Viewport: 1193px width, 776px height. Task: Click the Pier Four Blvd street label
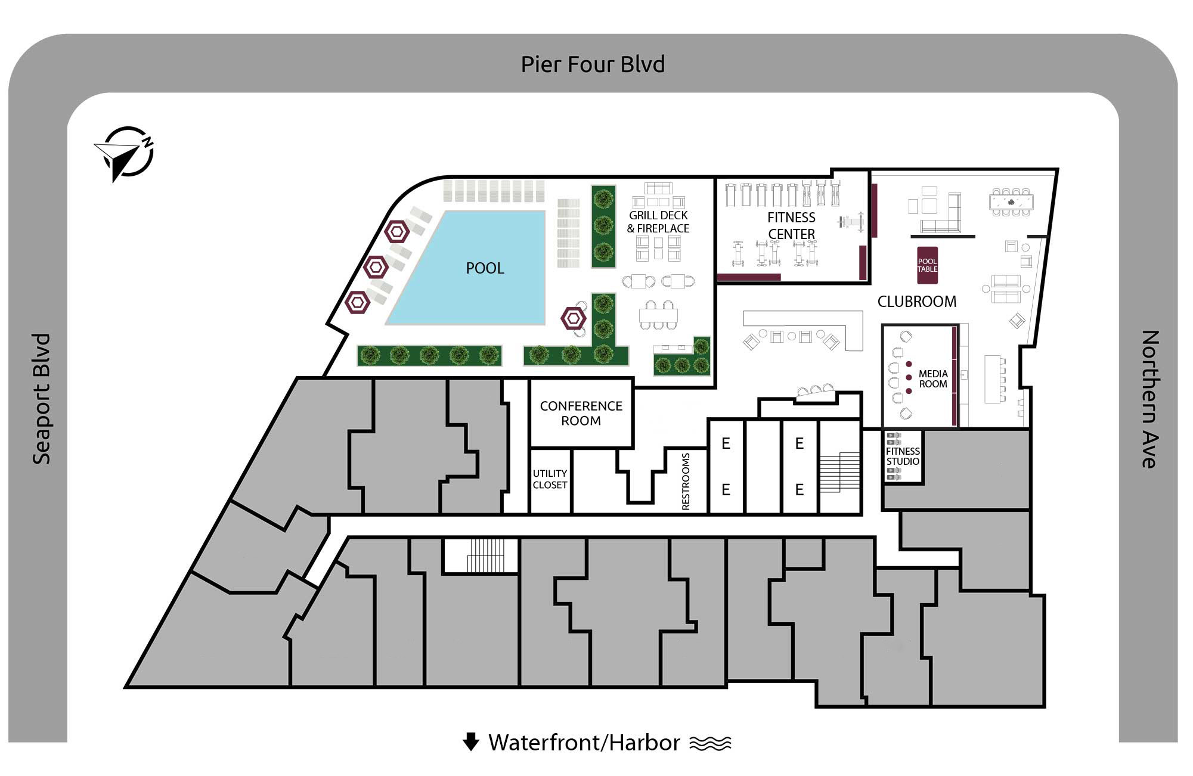click(x=593, y=64)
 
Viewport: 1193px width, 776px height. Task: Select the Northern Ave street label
click(x=1150, y=399)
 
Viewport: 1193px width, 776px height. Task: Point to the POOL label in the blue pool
click(x=485, y=268)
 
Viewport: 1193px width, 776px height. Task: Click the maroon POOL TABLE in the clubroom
click(x=927, y=265)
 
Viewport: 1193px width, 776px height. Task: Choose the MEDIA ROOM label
click(x=932, y=379)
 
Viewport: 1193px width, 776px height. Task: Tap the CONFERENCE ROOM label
click(x=581, y=413)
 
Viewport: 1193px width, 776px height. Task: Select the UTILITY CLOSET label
click(x=550, y=479)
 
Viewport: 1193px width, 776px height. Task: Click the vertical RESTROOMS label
click(x=686, y=482)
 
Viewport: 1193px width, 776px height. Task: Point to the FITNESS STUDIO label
click(x=903, y=457)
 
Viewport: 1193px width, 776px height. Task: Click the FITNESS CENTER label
click(x=791, y=226)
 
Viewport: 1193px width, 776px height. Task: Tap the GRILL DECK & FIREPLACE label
click(x=658, y=222)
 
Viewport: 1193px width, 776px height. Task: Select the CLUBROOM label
click(x=916, y=302)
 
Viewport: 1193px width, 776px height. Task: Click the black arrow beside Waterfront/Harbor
click(x=471, y=741)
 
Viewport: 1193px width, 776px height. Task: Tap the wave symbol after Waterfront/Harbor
click(x=710, y=743)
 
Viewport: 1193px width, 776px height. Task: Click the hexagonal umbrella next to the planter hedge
click(x=573, y=319)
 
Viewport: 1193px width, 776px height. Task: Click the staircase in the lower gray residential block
click(x=482, y=555)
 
